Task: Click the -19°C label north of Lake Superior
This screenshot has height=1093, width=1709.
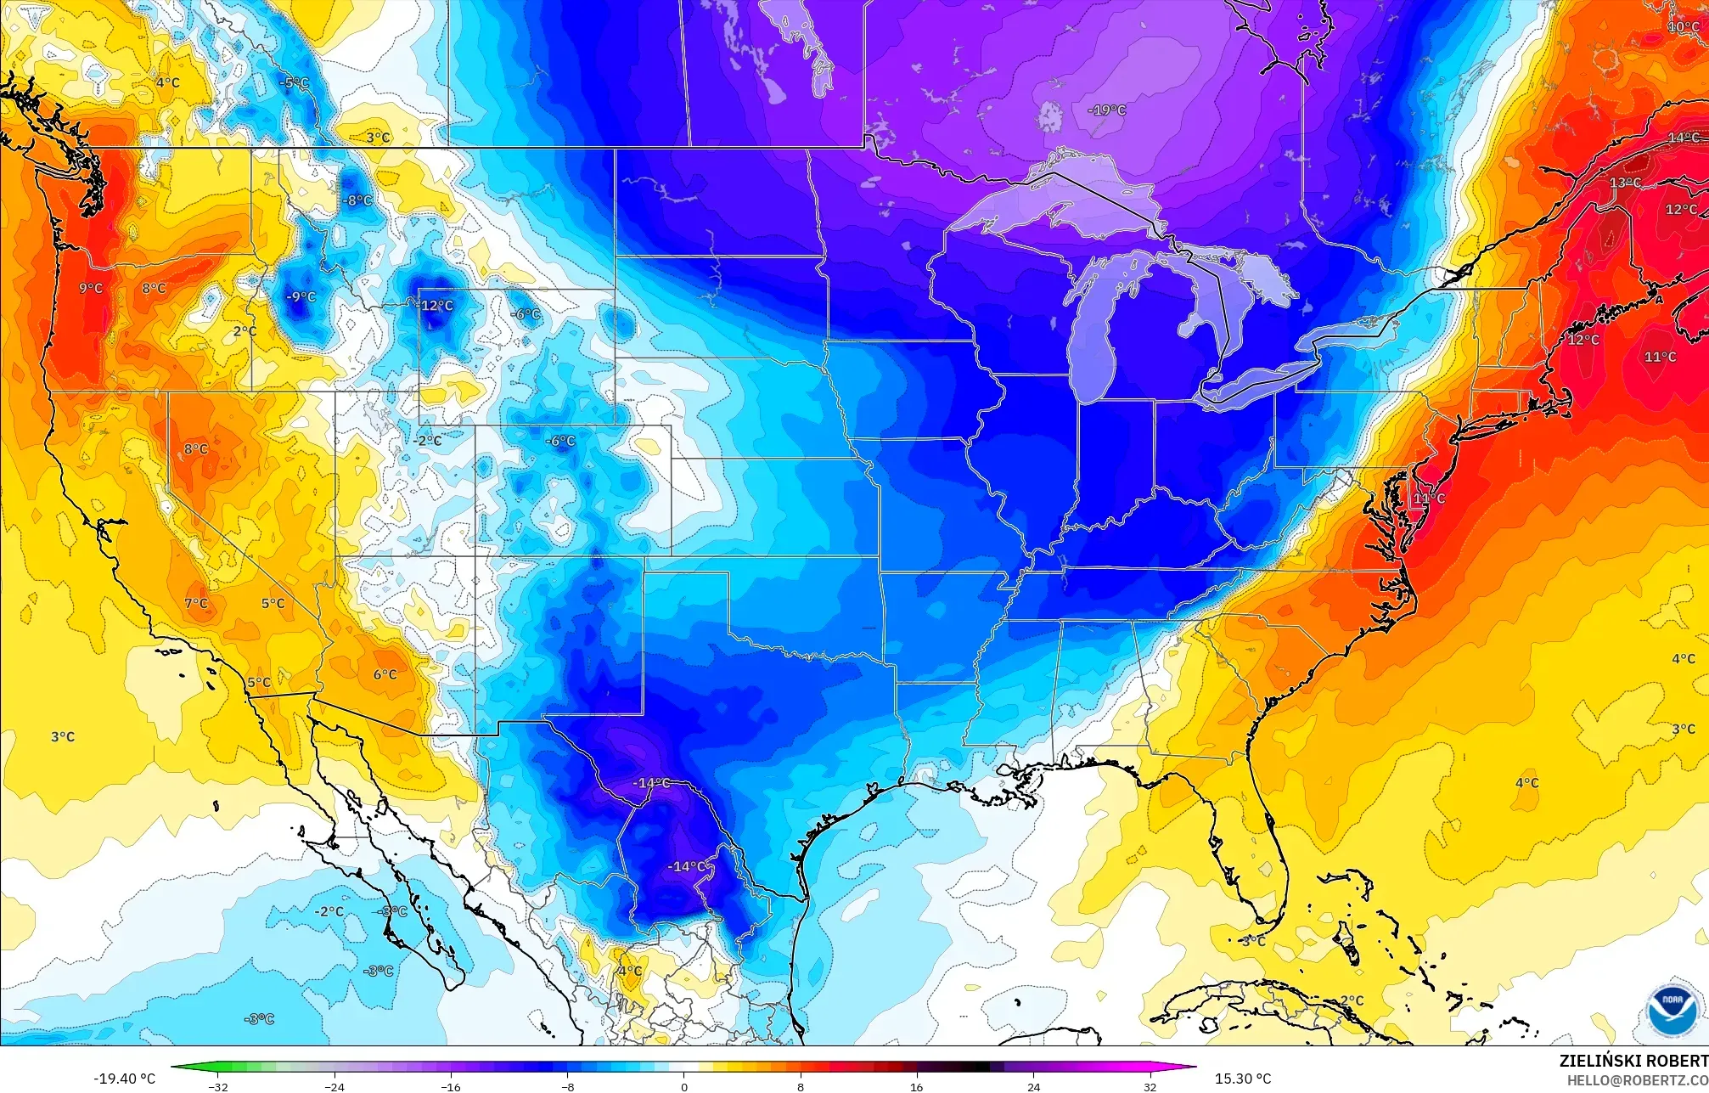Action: tap(1107, 110)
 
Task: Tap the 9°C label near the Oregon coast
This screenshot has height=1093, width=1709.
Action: tap(91, 289)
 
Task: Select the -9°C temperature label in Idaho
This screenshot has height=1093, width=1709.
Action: tap(301, 297)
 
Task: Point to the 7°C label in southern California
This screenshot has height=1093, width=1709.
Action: tap(196, 604)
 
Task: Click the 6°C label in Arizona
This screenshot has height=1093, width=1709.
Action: tap(385, 675)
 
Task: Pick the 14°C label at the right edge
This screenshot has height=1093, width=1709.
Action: tap(1683, 138)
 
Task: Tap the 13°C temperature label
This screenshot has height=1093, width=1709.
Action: tap(1625, 183)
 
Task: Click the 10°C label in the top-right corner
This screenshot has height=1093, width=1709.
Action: tap(1683, 27)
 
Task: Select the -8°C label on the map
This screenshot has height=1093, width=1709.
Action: tap(357, 201)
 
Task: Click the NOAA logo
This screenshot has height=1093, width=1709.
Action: tap(1672, 1011)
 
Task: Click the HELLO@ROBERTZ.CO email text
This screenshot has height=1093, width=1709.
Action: tap(1637, 1080)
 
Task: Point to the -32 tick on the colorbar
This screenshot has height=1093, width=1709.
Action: tap(219, 1086)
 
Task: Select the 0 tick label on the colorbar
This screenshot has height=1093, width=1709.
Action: tap(684, 1086)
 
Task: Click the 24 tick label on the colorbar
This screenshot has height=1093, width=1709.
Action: tap(1033, 1086)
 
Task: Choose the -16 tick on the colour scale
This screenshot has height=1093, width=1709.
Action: tap(452, 1086)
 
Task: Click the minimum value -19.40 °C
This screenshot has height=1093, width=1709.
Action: tap(124, 1079)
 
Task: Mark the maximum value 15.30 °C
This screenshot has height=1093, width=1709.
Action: tap(1243, 1079)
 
